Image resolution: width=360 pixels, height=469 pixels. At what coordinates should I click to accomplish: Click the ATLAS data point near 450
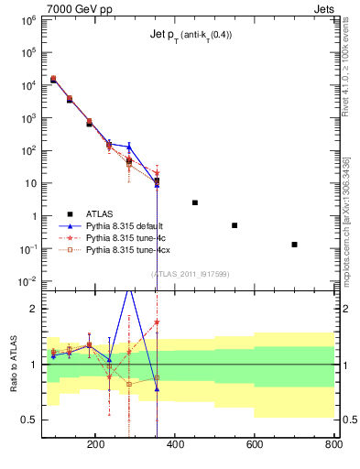(195, 202)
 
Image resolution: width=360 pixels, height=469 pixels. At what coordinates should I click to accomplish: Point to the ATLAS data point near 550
(235, 225)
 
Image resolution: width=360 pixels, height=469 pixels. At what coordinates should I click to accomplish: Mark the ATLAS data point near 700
(294, 245)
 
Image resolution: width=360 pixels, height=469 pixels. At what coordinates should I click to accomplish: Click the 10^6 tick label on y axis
(27, 19)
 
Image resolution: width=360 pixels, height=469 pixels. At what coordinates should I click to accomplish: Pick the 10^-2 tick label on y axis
(27, 281)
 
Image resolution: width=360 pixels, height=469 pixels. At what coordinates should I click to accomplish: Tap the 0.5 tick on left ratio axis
(29, 420)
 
